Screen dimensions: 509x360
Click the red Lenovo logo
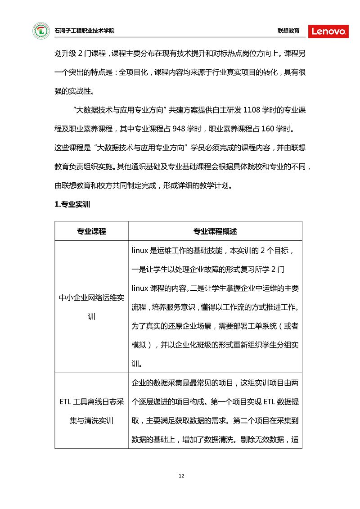[328, 31]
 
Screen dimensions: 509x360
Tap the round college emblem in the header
[41, 31]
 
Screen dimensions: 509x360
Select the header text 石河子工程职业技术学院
[84, 31]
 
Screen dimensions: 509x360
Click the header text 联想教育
[288, 31]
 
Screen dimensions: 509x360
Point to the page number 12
[181, 476]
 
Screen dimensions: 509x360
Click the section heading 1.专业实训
[72, 204]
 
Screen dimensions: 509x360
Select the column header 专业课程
[91, 231]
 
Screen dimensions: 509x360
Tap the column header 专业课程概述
[215, 231]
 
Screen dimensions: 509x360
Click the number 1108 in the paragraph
[252, 109]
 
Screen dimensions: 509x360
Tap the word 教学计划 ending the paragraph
[217, 185]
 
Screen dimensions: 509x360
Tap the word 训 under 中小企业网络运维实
[91, 316]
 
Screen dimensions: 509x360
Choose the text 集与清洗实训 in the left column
[91, 421]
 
